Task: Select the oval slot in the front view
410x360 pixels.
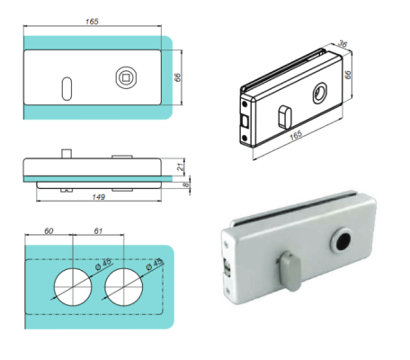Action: pos(67,88)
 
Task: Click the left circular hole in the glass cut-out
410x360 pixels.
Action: pos(71,286)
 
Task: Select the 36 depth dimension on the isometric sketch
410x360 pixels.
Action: pos(343,42)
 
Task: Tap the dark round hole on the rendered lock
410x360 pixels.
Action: pos(344,242)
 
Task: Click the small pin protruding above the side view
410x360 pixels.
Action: pos(67,152)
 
